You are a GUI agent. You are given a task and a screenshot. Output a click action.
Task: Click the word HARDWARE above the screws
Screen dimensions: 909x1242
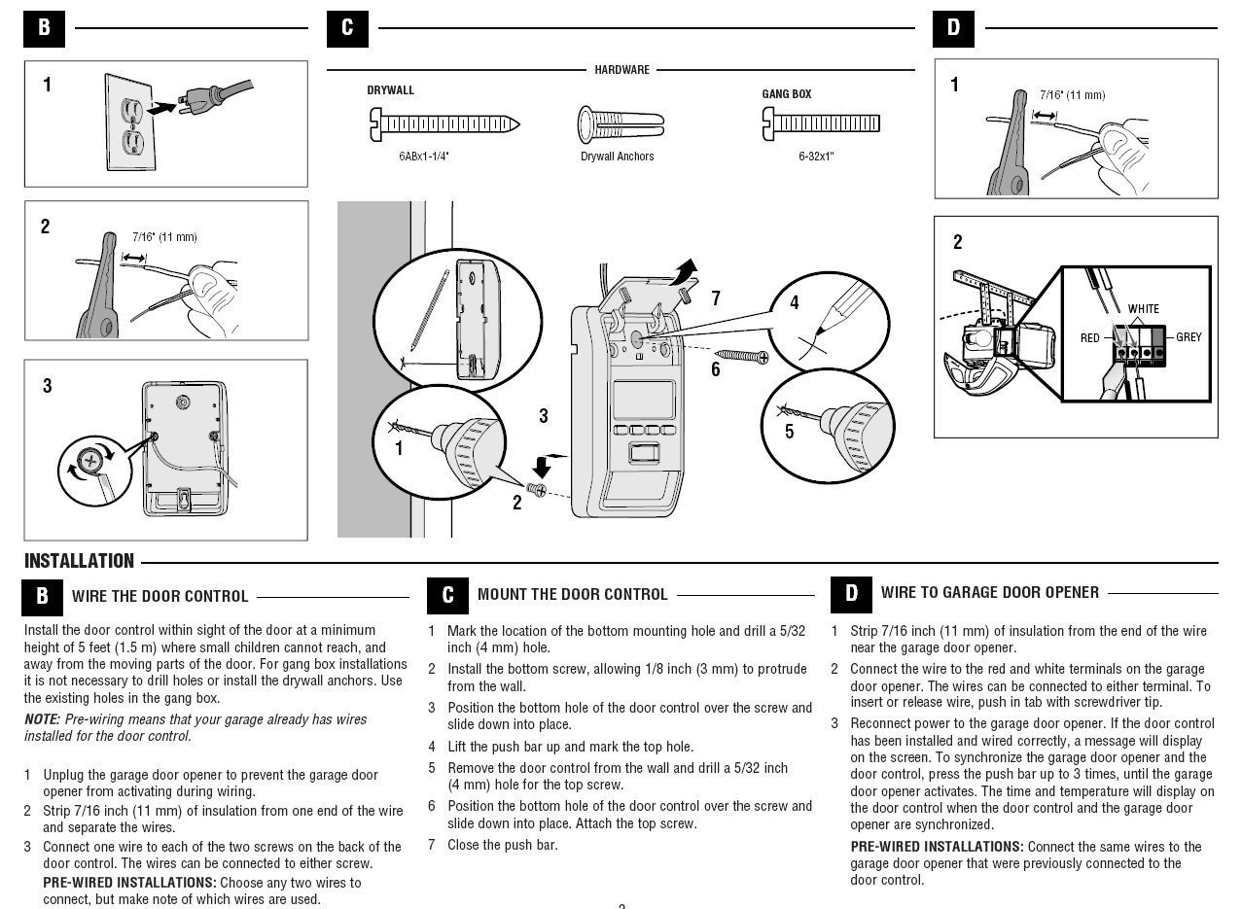(x=621, y=70)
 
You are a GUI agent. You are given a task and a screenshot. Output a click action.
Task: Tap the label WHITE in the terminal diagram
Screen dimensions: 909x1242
(x=1143, y=309)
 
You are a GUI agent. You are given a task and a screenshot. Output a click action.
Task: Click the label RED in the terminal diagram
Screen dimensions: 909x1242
(x=1089, y=338)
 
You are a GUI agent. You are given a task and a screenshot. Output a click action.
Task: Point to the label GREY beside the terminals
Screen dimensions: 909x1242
(x=1189, y=337)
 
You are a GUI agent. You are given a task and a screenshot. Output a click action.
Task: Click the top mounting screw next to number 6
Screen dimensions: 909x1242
(x=743, y=359)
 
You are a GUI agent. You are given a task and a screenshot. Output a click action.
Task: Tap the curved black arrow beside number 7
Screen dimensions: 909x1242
(x=685, y=269)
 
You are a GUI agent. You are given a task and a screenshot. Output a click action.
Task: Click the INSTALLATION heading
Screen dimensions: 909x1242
(x=79, y=561)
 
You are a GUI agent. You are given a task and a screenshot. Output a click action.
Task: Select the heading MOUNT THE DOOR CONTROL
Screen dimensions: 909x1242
(x=572, y=594)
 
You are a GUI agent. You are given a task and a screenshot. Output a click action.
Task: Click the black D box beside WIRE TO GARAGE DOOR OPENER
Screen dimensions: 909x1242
(x=850, y=593)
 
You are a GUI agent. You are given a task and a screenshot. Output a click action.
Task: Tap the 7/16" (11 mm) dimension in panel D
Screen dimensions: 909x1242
(x=1071, y=95)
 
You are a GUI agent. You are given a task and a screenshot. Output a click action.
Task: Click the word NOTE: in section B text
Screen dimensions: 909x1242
(x=43, y=719)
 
